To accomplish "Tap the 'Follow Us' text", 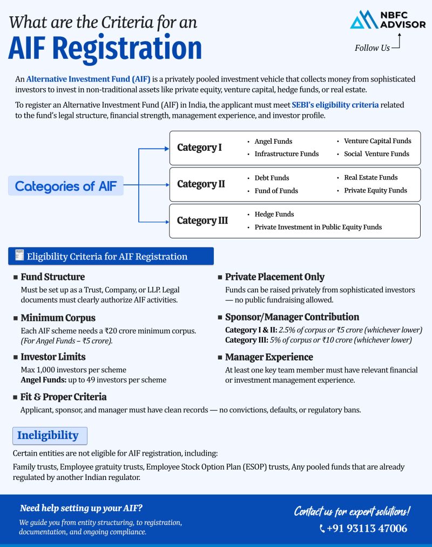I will [372, 48].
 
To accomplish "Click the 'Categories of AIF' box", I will [65, 186].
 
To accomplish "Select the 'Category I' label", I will [199, 148].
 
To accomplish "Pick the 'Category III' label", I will [202, 221].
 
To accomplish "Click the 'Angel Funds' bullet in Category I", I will [273, 141].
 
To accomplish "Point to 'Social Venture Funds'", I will [376, 154].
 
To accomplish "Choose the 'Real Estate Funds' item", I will [370, 177].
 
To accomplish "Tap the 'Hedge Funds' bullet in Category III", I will [274, 214].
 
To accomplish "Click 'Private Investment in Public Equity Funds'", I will [318, 227].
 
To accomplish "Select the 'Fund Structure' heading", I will [52, 277].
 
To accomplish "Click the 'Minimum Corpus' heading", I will [58, 318].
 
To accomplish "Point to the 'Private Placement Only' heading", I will [274, 277].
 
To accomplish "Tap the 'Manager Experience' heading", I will [269, 357].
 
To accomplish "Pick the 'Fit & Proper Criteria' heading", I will [63, 397].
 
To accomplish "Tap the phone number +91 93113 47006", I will [366, 528].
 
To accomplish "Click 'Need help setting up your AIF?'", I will [81, 508].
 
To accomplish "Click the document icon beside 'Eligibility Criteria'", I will [20, 256].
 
